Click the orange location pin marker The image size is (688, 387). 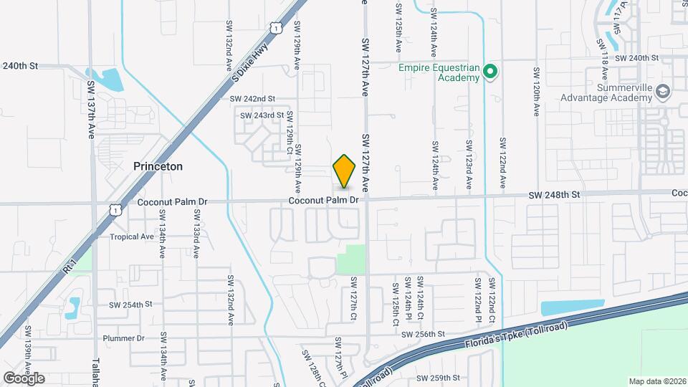coord(345,171)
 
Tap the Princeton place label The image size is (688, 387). coord(158,166)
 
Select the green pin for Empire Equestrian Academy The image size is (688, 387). coord(490,72)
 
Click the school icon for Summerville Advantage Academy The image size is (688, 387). coord(664,92)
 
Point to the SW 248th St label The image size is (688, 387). coord(554,194)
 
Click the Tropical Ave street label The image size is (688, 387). coord(132,236)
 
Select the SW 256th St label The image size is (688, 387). coord(424,334)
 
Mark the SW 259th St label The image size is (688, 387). coord(439,378)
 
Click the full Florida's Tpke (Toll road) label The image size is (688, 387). coord(515,333)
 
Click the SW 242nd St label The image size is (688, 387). coord(252,98)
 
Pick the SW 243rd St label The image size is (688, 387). coord(262,115)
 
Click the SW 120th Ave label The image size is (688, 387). coord(536,93)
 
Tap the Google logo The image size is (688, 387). coord(24,378)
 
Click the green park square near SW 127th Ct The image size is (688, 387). coord(350,259)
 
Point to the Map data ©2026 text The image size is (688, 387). coord(656,381)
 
